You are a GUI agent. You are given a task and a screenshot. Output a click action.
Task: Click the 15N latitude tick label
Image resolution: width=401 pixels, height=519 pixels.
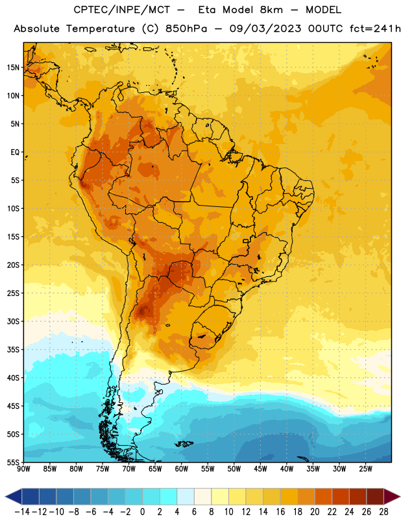[x=13, y=67]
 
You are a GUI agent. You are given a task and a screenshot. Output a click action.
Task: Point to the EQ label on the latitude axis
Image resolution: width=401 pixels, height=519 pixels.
[x=15, y=152]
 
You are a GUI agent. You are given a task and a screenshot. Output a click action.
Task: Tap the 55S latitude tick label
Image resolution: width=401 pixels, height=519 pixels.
[x=13, y=462]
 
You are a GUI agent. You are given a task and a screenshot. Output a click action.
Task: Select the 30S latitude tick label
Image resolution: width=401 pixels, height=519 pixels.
[x=13, y=321]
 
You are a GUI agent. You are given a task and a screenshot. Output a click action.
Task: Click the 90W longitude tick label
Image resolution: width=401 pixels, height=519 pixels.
[x=23, y=469]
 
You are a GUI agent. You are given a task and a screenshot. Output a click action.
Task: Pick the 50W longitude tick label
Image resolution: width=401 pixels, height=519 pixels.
[x=234, y=469]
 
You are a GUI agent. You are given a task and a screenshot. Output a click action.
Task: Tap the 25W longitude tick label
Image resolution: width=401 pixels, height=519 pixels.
[x=366, y=469]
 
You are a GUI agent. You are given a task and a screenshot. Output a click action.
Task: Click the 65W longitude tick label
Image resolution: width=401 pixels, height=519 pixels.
[x=155, y=469]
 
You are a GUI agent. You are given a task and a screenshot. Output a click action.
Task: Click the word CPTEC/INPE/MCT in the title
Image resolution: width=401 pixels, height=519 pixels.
[x=121, y=10]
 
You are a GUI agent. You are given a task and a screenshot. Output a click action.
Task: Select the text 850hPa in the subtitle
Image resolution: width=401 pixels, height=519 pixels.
[x=186, y=29]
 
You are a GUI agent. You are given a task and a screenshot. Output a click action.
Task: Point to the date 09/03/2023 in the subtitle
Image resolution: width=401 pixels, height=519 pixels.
[x=265, y=29]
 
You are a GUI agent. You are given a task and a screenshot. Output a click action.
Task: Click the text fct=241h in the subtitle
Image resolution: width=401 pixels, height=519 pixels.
[x=375, y=29]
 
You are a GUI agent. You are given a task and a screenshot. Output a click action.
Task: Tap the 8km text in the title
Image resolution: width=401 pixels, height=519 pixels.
[x=271, y=10]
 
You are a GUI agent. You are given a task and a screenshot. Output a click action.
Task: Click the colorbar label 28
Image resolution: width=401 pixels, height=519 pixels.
[x=383, y=512]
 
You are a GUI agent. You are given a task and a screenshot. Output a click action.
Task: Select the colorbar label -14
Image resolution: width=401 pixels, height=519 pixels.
[x=22, y=512]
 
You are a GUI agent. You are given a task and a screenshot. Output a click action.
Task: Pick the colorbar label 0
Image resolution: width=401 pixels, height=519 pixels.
[x=142, y=512]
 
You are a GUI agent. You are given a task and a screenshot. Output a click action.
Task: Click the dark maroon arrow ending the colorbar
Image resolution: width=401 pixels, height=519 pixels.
[x=392, y=496]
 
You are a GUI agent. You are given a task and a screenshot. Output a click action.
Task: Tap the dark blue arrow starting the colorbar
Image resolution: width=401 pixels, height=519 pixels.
[x=14, y=496]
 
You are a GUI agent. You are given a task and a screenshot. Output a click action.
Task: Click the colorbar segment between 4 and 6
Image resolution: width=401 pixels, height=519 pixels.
[x=186, y=496]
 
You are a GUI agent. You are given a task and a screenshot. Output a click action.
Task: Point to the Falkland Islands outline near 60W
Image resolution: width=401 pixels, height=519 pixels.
[x=184, y=444]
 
